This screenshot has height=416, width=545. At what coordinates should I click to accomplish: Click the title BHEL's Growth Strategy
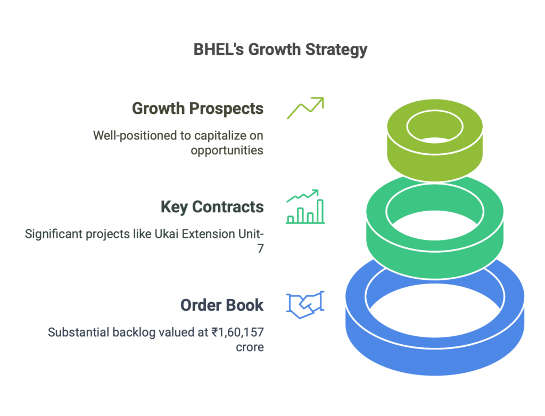click(x=280, y=49)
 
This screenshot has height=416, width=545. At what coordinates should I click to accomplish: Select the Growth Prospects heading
click(x=198, y=109)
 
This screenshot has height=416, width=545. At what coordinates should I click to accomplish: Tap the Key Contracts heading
click(x=212, y=207)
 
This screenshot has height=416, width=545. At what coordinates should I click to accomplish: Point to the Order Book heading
click(x=222, y=305)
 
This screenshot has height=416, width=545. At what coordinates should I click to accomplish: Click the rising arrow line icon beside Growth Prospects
click(x=305, y=108)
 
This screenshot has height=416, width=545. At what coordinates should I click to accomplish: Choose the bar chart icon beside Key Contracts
click(x=305, y=206)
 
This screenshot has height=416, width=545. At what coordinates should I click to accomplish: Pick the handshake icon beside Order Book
click(x=305, y=305)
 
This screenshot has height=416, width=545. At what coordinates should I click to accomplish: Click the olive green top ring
click(x=435, y=167)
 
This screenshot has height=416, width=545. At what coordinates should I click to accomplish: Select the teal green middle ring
click(x=435, y=264)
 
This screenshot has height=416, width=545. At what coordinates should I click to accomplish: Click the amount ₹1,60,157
click(x=237, y=332)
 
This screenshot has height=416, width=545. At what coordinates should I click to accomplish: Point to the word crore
click(x=250, y=347)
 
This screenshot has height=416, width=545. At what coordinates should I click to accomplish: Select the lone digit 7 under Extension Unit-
click(x=260, y=249)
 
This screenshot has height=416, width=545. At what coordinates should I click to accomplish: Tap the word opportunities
click(x=227, y=151)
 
